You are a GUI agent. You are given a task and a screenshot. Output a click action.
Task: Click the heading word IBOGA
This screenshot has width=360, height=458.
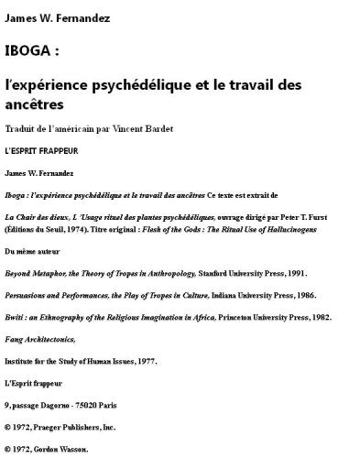click(x=28, y=49)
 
